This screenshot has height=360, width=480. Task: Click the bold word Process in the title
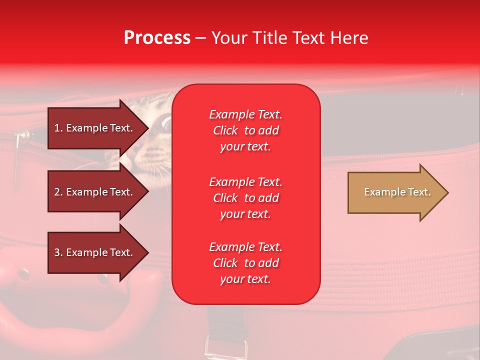tap(157, 38)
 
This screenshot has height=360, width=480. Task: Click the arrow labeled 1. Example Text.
tap(98, 128)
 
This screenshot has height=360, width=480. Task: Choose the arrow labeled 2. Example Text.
tap(98, 191)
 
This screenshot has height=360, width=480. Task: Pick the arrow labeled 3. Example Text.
tap(98, 252)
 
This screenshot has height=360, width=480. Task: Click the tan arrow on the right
tap(398, 192)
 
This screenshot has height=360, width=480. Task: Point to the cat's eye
tap(166, 123)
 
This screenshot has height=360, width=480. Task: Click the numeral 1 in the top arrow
tap(56, 128)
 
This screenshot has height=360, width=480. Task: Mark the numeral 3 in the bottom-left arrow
tap(56, 252)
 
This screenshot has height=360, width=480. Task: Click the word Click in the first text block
tap(225, 130)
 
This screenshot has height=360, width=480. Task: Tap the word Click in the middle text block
tap(225, 198)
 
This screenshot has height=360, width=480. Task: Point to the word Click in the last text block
tap(225, 263)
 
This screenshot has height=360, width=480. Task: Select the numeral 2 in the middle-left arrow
tap(56, 192)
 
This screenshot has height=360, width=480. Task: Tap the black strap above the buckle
tap(225, 321)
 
